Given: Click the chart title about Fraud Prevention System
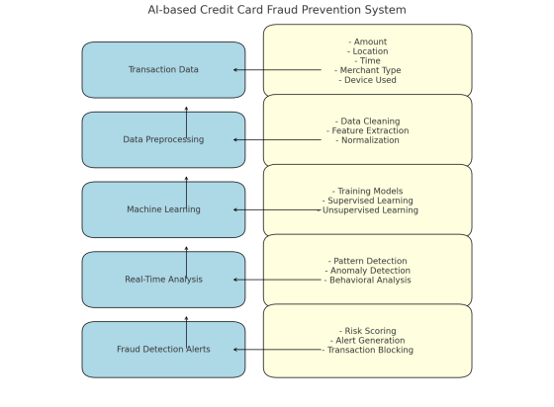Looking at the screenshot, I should [276, 10].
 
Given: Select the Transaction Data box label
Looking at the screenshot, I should [163, 70].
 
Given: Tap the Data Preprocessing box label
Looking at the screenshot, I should [163, 140].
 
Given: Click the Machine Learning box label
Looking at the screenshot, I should [163, 209].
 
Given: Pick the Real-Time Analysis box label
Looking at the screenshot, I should [163, 280].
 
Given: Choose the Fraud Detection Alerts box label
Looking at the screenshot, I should [163, 350].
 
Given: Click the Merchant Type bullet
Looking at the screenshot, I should [368, 70].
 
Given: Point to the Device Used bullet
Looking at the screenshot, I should [368, 80].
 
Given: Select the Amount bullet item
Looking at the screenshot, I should [368, 41].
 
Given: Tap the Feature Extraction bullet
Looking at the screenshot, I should [368, 130].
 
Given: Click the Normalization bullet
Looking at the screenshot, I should [368, 140].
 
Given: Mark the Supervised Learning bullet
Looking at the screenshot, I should [368, 201].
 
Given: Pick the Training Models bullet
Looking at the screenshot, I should [368, 191].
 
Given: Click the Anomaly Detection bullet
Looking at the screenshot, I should [368, 271].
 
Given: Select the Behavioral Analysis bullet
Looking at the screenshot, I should [368, 281].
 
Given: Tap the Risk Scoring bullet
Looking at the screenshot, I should [368, 331].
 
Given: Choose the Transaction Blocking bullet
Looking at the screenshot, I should [368, 350].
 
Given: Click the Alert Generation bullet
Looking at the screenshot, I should [368, 341].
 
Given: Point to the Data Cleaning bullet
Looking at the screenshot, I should [368, 121].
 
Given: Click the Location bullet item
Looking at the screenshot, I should [368, 51].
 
